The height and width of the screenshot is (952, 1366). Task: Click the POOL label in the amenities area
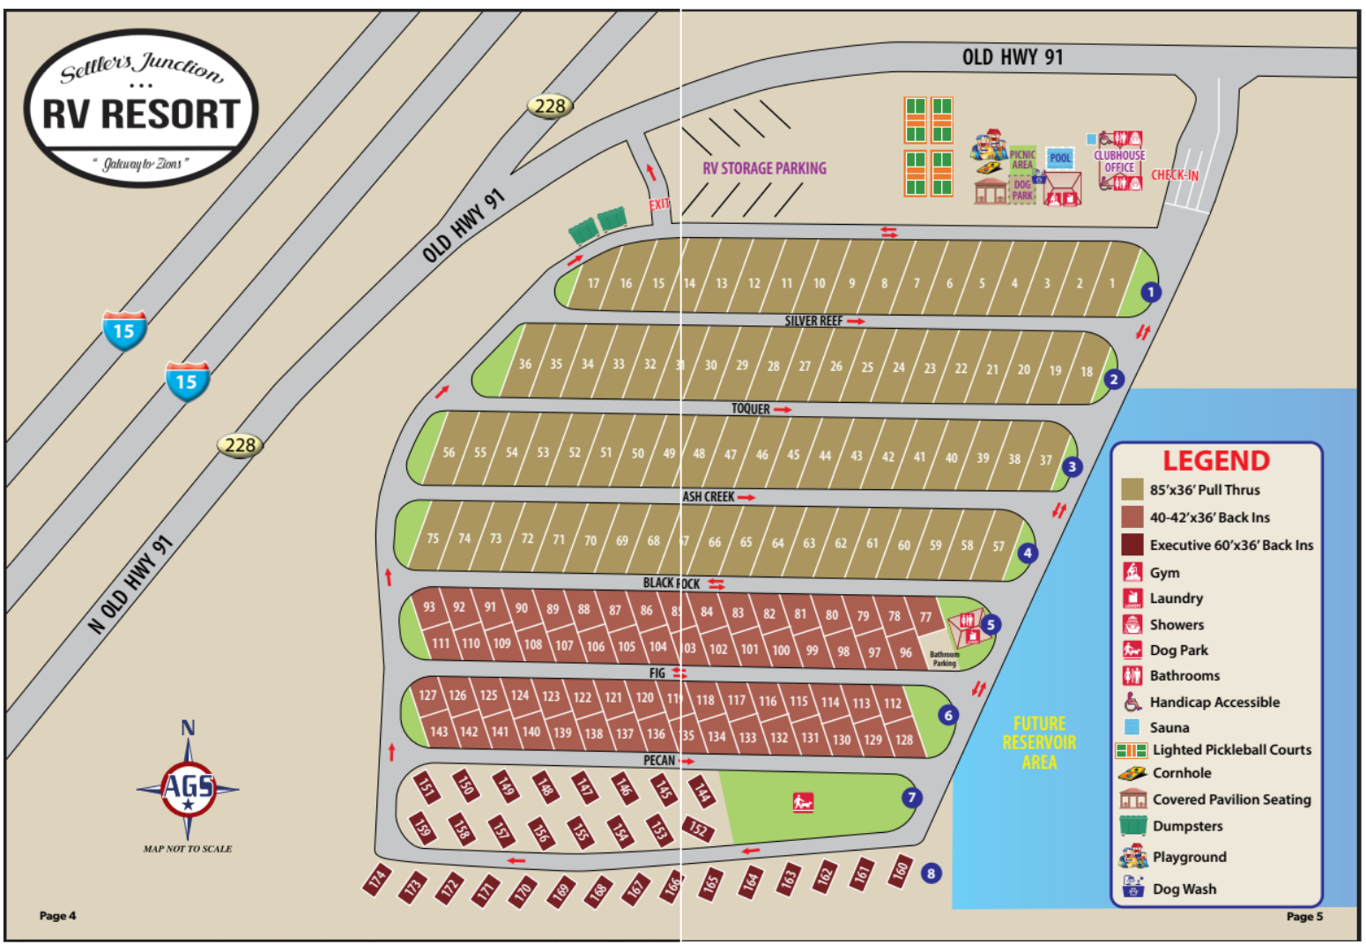[x=1060, y=159]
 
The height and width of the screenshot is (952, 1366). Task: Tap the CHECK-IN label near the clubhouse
[x=1175, y=175]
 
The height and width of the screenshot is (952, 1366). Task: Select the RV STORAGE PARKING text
[x=764, y=168]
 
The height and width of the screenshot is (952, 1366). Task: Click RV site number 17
[x=593, y=284]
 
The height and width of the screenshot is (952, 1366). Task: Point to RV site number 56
[x=449, y=452]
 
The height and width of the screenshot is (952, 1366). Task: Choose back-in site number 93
[x=429, y=606]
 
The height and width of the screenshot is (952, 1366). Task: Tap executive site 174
[x=378, y=879]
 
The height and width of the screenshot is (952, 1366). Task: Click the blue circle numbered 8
[x=931, y=874]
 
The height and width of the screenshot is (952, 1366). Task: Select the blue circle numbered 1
[x=1150, y=292]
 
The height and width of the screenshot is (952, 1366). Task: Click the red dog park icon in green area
[x=802, y=802]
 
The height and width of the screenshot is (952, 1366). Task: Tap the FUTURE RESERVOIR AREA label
[x=1039, y=742]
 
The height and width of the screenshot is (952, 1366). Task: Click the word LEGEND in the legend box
[x=1215, y=461]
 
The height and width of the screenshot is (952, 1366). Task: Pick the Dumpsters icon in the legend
[x=1132, y=826]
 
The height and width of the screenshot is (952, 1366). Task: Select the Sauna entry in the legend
[x=1169, y=727]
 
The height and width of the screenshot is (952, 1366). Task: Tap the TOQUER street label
[x=751, y=409]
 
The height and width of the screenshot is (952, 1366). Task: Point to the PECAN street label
[x=659, y=761]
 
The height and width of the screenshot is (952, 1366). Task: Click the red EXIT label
[x=658, y=205]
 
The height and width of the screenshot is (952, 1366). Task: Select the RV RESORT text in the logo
[x=141, y=115]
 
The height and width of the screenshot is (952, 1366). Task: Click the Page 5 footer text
[x=1304, y=917]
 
